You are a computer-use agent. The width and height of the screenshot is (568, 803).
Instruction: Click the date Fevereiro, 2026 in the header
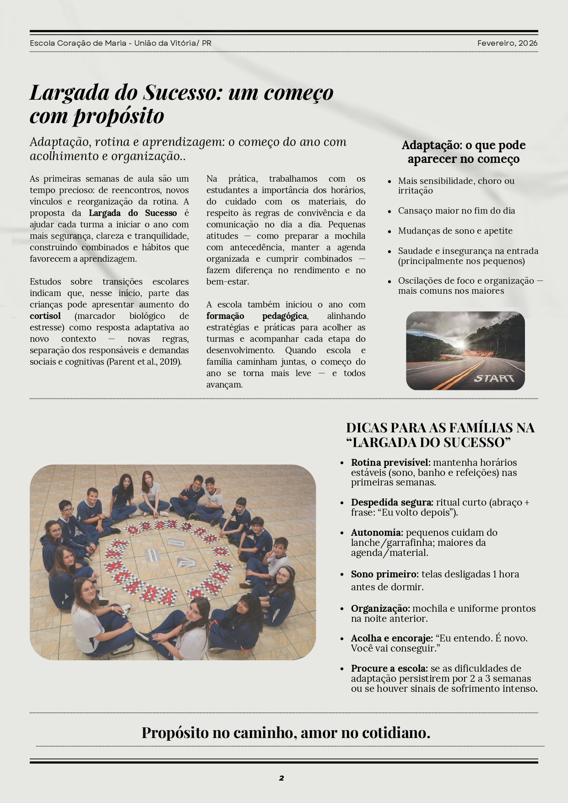[507, 43]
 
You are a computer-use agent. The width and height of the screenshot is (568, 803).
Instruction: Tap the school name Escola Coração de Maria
[78, 43]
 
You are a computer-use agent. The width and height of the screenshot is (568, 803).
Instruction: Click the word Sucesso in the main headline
[183, 93]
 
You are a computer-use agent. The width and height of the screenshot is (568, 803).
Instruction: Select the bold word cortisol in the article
[45, 316]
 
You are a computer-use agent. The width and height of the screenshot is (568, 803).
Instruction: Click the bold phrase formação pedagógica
[257, 316]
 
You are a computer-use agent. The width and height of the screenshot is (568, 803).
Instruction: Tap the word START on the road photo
[494, 378]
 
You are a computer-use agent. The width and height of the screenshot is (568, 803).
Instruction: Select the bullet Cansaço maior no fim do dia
[456, 211]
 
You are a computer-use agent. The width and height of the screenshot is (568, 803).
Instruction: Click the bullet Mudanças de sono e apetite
[455, 231]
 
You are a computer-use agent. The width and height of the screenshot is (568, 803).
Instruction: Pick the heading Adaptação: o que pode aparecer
[463, 152]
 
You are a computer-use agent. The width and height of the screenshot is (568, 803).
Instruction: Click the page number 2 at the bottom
[281, 778]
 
